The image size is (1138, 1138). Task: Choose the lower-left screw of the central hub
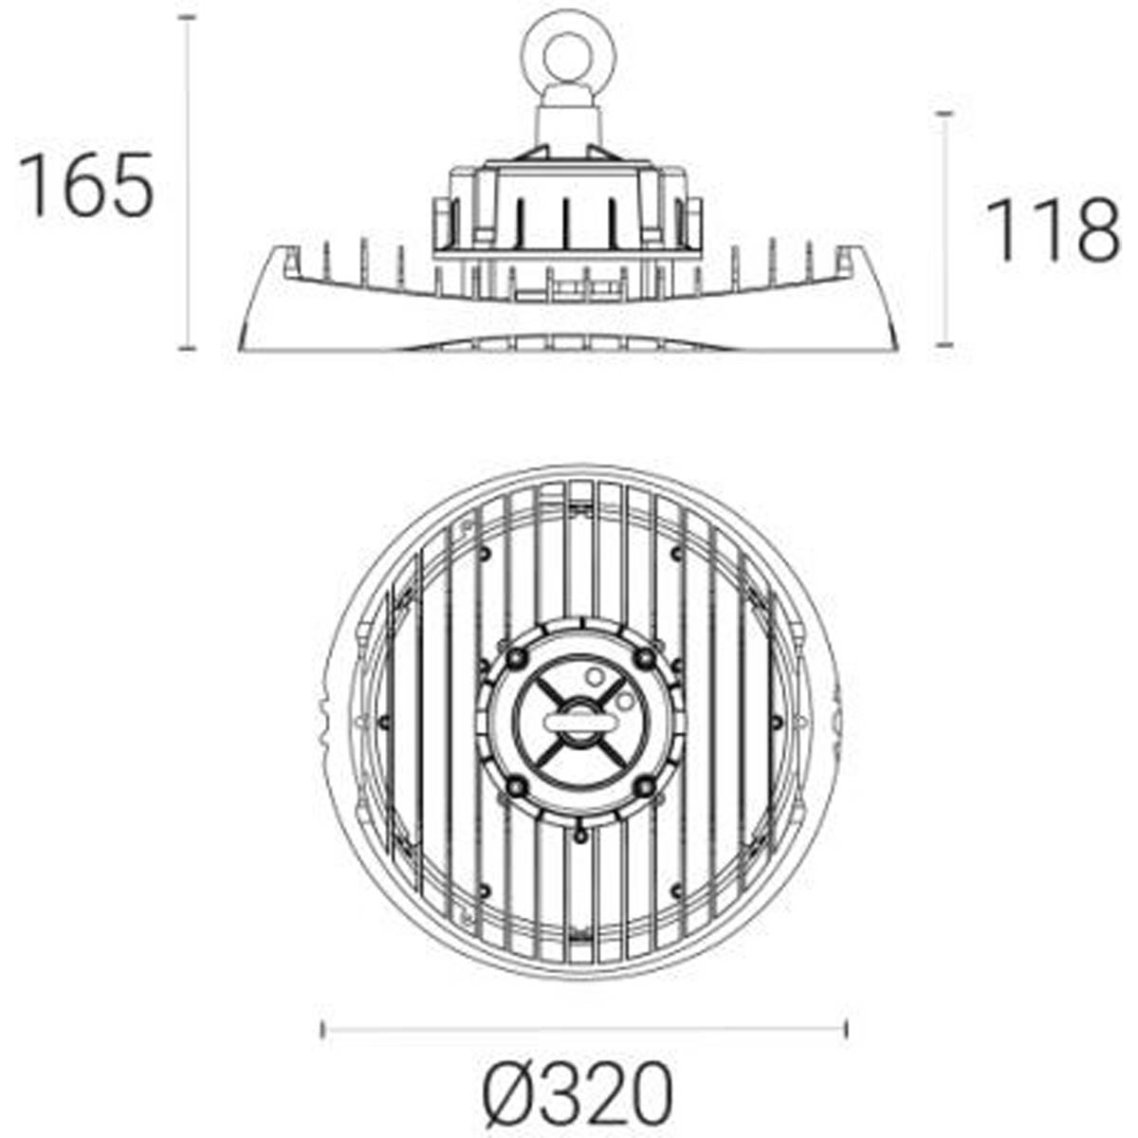click(516, 785)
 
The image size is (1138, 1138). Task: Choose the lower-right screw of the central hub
click(645, 785)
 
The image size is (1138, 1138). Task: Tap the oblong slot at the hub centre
click(580, 723)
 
